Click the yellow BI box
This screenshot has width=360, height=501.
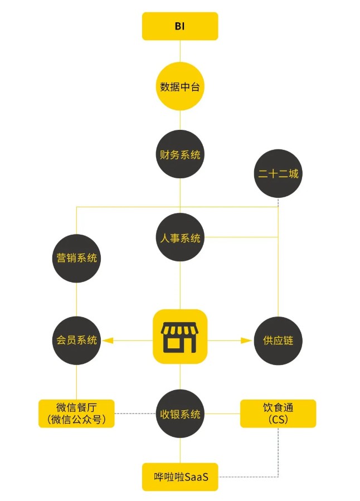180,26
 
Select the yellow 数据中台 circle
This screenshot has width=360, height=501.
180,86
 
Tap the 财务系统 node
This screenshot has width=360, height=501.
180,154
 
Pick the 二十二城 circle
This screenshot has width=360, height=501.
278,174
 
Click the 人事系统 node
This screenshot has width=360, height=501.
180,238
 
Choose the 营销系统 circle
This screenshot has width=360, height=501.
76,258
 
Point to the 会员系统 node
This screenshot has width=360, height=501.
76,340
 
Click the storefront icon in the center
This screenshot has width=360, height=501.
180,337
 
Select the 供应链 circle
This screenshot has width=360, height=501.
278,340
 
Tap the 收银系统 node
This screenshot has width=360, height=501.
180,414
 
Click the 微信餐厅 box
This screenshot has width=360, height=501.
76,414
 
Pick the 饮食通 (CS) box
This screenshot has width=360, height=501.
278,414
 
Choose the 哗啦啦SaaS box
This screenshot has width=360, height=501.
180,477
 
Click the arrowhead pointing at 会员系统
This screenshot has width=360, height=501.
108,340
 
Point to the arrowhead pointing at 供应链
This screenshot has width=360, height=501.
246,340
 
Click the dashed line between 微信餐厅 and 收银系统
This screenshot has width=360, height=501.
135,414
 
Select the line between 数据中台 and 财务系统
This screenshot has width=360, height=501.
180,120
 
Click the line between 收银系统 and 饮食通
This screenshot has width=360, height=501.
222,414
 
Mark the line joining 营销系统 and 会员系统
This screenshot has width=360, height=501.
76,299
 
